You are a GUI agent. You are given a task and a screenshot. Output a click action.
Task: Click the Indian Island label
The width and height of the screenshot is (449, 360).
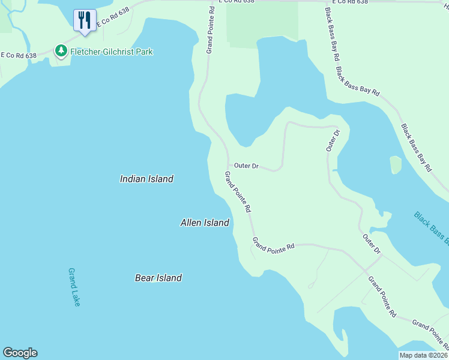click(x=146, y=179)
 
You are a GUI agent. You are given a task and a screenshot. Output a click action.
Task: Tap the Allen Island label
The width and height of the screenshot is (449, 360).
click(x=205, y=223)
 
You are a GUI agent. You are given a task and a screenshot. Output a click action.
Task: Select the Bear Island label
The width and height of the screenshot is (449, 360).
click(x=158, y=278)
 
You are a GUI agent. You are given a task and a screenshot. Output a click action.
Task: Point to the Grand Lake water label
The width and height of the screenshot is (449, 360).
click(x=74, y=287)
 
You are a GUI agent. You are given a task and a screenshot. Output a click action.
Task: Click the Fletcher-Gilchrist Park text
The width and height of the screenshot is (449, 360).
click(x=112, y=52)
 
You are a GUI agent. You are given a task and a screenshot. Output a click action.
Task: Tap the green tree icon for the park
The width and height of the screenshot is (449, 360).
click(x=61, y=51)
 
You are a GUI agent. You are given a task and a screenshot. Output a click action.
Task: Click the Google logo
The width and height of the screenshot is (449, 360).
click(x=20, y=353)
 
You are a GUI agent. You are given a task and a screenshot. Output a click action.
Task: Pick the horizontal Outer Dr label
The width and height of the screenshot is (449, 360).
click(x=246, y=166)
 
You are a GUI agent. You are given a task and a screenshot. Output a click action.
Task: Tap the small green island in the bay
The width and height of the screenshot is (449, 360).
click(x=395, y=164)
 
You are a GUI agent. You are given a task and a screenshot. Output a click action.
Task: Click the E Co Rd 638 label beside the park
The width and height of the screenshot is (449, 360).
click(x=19, y=55)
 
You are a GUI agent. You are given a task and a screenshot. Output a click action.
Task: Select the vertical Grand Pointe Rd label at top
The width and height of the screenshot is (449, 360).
click(x=211, y=30)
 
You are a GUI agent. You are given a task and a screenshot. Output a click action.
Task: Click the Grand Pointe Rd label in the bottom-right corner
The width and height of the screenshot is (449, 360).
click(x=430, y=334)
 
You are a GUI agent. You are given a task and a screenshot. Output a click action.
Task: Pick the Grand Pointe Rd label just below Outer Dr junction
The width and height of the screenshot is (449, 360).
click(x=237, y=192)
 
